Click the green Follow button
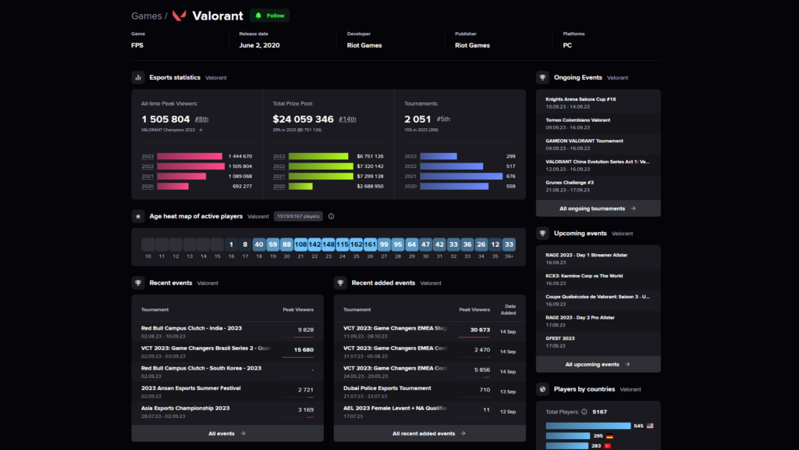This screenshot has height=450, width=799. click(x=269, y=16)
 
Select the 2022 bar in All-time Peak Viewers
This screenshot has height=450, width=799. click(x=190, y=166)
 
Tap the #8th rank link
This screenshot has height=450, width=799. click(x=201, y=120)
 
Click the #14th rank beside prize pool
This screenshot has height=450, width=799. click(x=347, y=120)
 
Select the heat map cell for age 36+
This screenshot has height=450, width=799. click(x=509, y=245)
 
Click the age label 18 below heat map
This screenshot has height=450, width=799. click(x=258, y=256)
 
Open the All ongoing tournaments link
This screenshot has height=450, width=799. click(x=598, y=209)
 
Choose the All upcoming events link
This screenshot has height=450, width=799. click(x=598, y=364)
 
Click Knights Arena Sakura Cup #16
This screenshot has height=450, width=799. click(x=581, y=99)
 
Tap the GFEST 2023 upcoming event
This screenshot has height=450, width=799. click(x=560, y=338)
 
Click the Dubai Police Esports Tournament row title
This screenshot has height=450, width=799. click(x=387, y=388)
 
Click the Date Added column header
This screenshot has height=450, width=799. click(x=508, y=309)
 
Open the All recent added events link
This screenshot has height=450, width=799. click(x=428, y=433)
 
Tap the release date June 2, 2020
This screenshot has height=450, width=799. click(x=259, y=45)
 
